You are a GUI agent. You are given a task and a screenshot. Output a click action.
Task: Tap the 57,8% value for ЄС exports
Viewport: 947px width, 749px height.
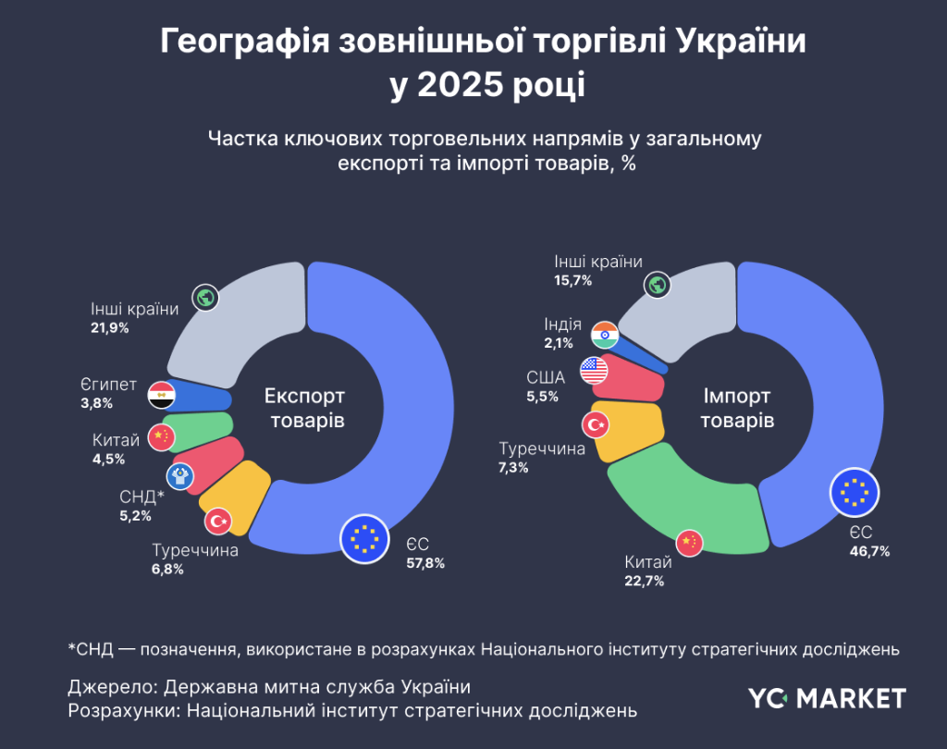pos(425,562)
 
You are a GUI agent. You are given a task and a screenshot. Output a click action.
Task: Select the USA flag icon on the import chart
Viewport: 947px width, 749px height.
pos(594,371)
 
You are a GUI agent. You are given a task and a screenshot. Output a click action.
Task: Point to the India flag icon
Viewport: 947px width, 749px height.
pos(606,333)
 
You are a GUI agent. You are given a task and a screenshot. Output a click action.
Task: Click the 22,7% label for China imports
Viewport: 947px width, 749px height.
pos(645,581)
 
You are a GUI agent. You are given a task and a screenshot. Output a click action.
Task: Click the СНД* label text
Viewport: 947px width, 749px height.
pos(141,497)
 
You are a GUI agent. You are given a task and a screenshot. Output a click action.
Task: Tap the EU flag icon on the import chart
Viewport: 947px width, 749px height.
pos(855,493)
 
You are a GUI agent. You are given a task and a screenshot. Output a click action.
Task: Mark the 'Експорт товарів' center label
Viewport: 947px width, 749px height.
pos(304,409)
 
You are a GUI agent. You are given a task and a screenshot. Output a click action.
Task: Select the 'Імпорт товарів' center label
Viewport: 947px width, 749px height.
pos(736,409)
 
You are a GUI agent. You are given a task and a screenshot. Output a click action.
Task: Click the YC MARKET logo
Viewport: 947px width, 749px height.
pos(827,697)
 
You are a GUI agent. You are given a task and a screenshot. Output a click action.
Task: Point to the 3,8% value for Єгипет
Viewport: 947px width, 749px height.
pos(96,403)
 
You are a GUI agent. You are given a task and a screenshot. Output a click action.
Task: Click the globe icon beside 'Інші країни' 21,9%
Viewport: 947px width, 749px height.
pos(205,298)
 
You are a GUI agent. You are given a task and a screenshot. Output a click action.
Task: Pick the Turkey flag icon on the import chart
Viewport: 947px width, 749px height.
pos(594,424)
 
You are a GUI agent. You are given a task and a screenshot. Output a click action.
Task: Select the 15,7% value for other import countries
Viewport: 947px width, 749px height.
pos(573,280)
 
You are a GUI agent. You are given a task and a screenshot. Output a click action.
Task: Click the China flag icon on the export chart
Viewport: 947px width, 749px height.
pos(161,436)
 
